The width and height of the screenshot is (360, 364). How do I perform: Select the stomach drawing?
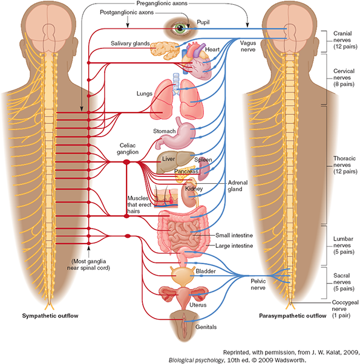pos(176,134)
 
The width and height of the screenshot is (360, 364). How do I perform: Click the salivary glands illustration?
pos(165,50)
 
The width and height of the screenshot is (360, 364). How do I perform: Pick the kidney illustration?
pos(190,195)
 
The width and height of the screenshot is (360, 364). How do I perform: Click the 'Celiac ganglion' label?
pos(128,149)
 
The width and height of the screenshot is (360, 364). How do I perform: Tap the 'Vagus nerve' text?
pos(248,46)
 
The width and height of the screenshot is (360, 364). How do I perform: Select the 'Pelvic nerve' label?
pos(258,284)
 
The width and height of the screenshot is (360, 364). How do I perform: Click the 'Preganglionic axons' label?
pos(162,3)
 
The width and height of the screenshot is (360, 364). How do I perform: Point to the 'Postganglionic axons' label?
pos(127,12)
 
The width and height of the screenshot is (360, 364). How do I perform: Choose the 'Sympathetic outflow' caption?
pos(50,316)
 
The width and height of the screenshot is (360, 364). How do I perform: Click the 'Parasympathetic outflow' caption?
pos(293,316)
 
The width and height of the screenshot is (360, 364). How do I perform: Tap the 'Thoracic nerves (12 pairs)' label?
pos(345,165)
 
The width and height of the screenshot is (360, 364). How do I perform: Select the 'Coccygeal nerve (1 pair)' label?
pos(345,309)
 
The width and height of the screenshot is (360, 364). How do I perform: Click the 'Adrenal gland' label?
pos(238,186)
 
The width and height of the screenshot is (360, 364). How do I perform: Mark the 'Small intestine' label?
pos(234,235)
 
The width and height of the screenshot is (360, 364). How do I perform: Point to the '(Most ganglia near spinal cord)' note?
pos(88,265)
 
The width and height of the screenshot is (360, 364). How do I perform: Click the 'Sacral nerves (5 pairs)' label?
pos(344,282)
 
